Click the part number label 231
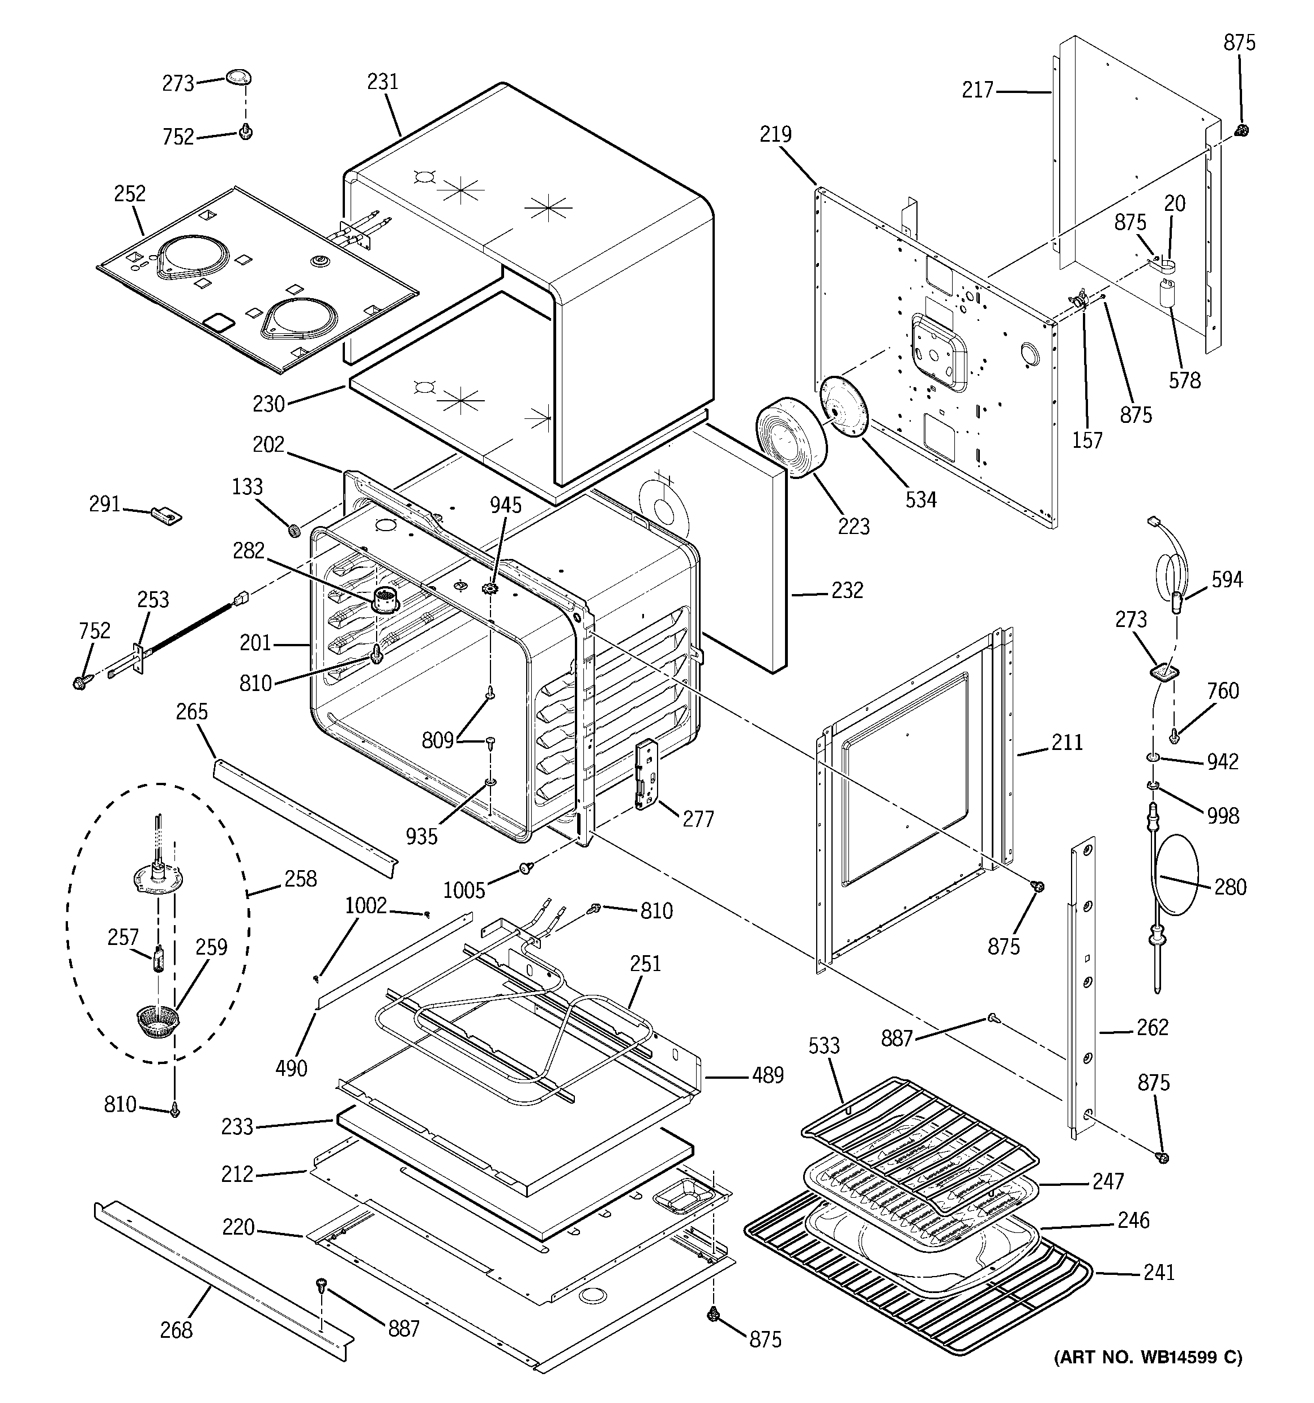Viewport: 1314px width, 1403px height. coord(382,82)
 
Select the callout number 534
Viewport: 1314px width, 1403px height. coord(920,499)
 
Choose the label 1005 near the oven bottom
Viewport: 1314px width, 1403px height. coord(463,890)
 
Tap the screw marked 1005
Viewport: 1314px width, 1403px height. coord(526,867)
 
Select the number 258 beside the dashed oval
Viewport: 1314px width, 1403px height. coord(300,879)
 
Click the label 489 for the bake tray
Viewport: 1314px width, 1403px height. coord(767,1075)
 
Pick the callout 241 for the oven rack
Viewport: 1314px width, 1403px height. coord(1159,1273)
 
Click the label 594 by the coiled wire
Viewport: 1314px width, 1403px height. coord(1227,579)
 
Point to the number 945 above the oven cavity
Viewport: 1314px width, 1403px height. coord(506,505)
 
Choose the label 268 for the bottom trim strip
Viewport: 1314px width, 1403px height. coord(176,1330)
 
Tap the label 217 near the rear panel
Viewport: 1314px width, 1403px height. coord(978,90)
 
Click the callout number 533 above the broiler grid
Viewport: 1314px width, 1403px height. coord(824,1045)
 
